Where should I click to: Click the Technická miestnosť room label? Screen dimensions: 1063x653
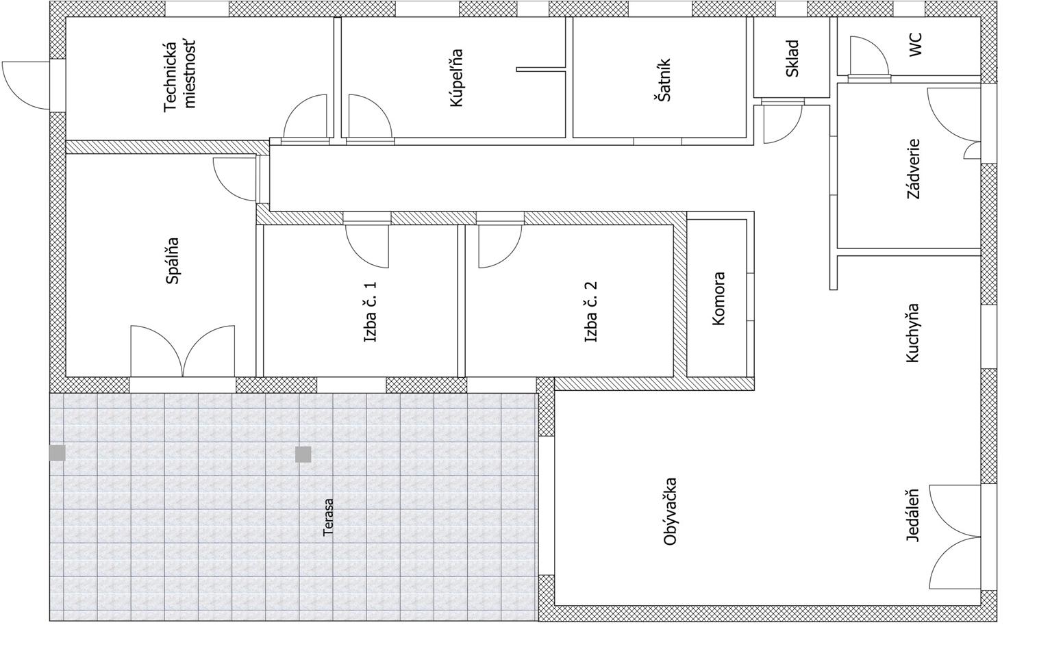coord(180,77)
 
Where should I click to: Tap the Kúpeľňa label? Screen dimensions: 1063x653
coord(457,78)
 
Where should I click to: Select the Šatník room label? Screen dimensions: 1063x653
coord(664,80)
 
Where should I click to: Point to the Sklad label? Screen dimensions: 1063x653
coord(792,58)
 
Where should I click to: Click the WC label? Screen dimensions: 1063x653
coord(916,44)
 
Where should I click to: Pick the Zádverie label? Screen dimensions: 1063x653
coord(914,169)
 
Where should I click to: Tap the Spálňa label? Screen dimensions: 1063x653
coord(173,260)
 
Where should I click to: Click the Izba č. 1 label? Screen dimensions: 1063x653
coord(370,311)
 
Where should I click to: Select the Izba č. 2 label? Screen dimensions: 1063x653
coord(591,311)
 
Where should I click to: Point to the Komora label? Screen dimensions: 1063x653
coord(718,298)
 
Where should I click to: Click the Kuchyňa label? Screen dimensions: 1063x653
coord(912,333)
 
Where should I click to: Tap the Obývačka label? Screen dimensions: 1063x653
coord(670,511)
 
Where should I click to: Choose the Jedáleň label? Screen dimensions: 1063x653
coord(912,515)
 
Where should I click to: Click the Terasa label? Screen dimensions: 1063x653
coord(328,517)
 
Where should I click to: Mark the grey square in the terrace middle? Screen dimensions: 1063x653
coord(303,454)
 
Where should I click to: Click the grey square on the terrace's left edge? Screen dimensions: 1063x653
coord(58,453)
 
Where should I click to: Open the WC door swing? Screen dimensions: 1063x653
coord(868,55)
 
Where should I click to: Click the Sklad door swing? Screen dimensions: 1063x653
coord(783,123)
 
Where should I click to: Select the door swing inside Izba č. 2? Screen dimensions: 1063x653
coord(500,246)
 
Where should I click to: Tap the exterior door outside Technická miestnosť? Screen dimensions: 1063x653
coord(26,86)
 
